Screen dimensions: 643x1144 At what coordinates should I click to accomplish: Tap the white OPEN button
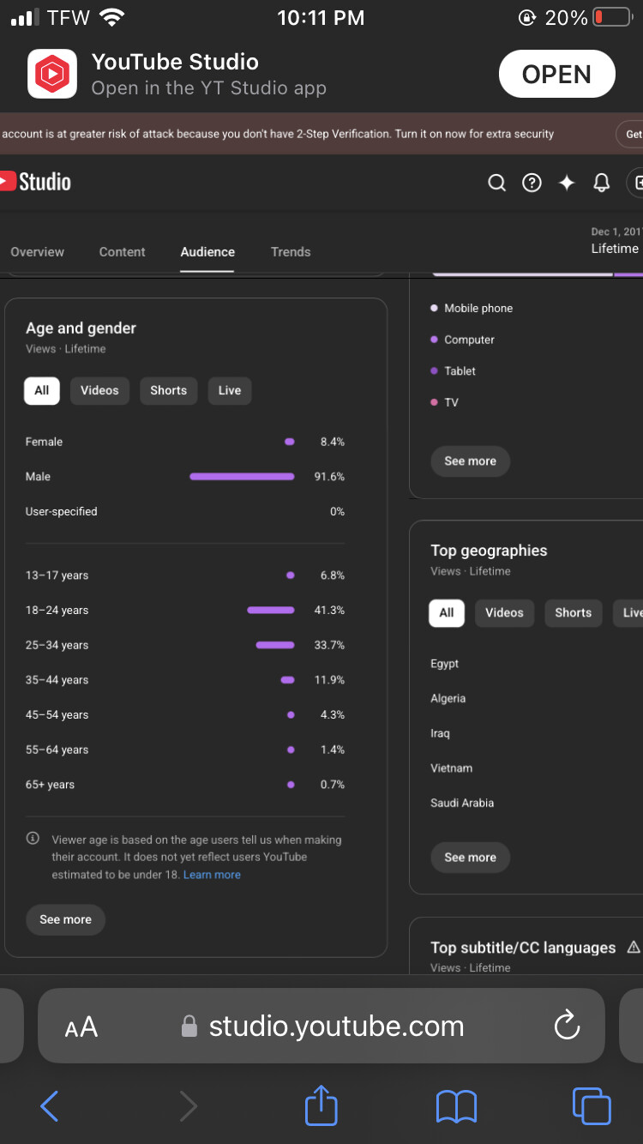(x=556, y=74)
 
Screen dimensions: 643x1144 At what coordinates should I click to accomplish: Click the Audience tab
(x=207, y=252)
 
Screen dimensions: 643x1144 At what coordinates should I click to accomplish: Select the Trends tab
(x=291, y=252)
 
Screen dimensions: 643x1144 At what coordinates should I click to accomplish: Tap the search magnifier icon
(x=496, y=183)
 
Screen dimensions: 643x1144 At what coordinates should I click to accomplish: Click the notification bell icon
(x=601, y=183)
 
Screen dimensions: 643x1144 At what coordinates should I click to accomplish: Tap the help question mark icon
(x=532, y=183)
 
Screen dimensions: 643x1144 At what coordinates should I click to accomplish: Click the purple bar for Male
(x=242, y=477)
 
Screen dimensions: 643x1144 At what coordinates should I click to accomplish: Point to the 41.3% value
(x=329, y=611)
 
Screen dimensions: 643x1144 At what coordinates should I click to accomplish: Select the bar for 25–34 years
(x=275, y=645)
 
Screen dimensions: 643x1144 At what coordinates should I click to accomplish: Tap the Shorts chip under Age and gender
(x=169, y=391)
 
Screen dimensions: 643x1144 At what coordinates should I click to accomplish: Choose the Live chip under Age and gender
(x=230, y=391)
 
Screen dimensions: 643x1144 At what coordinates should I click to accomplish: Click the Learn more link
(x=212, y=875)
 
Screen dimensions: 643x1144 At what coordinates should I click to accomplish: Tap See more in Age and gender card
(x=65, y=920)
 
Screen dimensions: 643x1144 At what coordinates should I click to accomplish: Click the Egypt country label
(x=444, y=664)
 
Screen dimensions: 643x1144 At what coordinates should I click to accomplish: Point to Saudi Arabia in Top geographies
(x=462, y=803)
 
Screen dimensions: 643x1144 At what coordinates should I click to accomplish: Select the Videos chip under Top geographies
(x=505, y=613)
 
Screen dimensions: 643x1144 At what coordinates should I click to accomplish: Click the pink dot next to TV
(x=434, y=402)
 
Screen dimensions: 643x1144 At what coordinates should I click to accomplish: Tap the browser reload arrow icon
(x=567, y=1025)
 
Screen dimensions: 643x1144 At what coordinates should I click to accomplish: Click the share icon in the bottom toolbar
(x=321, y=1105)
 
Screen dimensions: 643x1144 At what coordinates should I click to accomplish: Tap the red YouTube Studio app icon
(x=52, y=74)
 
